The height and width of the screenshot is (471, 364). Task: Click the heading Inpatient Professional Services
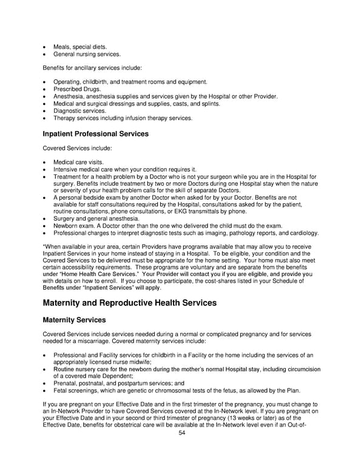pos(95,134)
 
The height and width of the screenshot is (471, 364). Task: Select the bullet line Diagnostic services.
pos(79,110)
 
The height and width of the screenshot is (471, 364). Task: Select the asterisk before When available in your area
pos(43,245)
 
